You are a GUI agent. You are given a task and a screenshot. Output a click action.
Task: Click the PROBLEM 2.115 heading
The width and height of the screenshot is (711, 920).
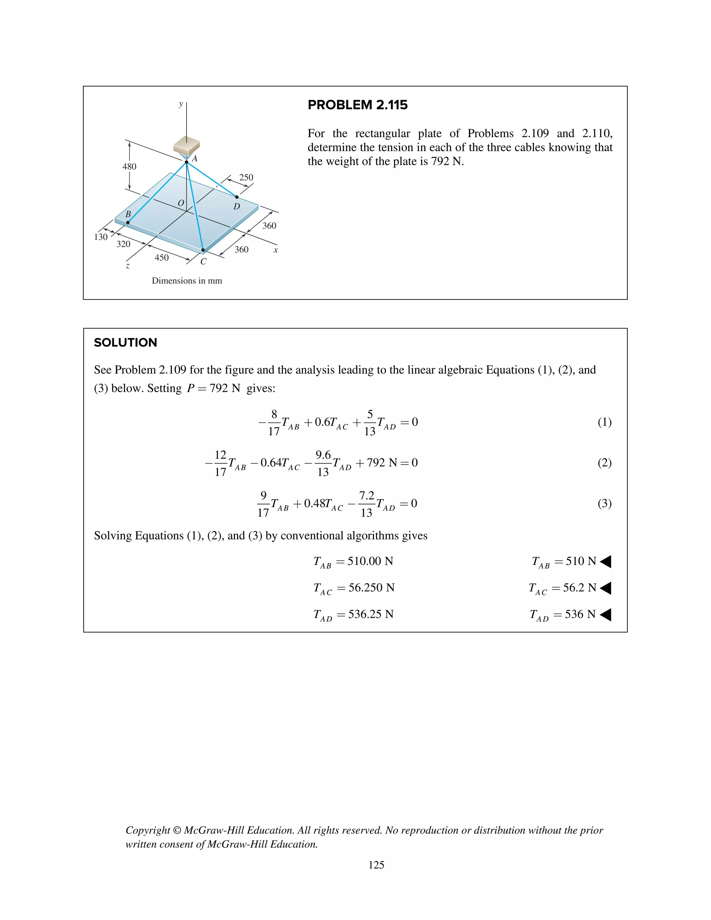tap(357, 105)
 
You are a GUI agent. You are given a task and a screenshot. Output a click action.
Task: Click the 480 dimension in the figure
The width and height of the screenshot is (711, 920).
tap(129, 166)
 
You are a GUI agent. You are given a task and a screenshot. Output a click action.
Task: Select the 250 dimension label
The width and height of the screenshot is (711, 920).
tap(246, 177)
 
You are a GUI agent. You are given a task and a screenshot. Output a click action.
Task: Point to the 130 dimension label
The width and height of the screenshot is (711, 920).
tap(101, 237)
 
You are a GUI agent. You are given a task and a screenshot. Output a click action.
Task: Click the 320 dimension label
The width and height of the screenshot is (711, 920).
tap(123, 244)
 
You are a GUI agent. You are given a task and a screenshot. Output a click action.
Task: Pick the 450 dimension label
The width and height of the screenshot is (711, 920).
tap(162, 257)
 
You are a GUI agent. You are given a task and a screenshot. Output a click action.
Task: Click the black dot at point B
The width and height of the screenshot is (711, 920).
tap(128, 223)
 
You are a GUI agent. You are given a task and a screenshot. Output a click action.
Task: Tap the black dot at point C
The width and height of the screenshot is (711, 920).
tap(203, 250)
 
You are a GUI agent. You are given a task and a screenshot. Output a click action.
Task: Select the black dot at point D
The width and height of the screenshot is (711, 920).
tap(237, 197)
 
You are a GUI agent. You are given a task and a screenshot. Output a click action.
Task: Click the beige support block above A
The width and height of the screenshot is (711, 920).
tap(186, 145)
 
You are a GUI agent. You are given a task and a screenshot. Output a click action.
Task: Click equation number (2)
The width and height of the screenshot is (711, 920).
tap(604, 462)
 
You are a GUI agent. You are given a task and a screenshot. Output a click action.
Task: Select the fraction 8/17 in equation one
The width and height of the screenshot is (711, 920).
tap(274, 423)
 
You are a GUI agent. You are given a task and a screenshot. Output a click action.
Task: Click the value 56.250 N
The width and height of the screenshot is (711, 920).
tap(371, 588)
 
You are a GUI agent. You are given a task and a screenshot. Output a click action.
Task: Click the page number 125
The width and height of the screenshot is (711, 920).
tap(376, 865)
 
